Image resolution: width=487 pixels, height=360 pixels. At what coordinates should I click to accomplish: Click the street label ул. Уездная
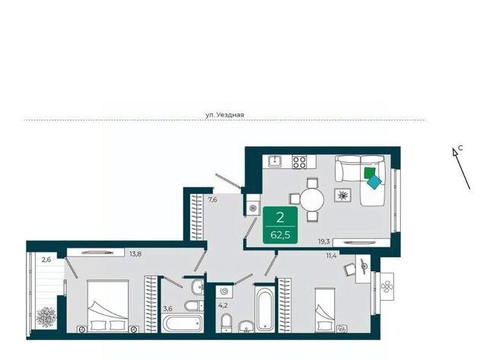[x=225, y=115]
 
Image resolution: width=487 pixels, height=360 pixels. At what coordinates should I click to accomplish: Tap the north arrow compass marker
[x=461, y=168]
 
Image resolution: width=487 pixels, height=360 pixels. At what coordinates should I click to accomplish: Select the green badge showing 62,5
[x=280, y=225]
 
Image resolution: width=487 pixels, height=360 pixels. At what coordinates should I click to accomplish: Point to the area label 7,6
[x=212, y=199]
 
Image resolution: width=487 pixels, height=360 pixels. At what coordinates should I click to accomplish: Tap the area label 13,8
[x=135, y=253]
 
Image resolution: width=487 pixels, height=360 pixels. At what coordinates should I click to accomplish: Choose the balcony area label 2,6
[x=46, y=260]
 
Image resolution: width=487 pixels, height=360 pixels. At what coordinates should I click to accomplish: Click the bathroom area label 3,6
[x=167, y=308]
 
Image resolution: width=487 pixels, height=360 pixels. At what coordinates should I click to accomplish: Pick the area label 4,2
[x=222, y=305]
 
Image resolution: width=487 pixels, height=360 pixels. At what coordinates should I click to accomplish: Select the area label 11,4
[x=332, y=256]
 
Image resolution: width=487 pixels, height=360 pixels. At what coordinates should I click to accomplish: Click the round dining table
[x=312, y=199]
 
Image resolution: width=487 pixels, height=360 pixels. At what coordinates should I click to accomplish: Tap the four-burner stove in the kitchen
[x=299, y=162]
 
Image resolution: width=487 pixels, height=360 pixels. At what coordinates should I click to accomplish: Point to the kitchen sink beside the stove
[x=275, y=161]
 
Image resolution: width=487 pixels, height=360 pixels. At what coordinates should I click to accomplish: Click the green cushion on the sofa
[x=370, y=173]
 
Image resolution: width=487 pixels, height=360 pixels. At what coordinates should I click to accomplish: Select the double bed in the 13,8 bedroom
[x=108, y=306]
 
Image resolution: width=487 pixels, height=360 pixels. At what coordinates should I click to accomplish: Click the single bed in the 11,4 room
[x=325, y=310]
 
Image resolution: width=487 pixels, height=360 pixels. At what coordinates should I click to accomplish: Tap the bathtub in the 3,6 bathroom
[x=183, y=323]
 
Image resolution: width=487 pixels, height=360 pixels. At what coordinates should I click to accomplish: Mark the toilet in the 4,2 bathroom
[x=227, y=323]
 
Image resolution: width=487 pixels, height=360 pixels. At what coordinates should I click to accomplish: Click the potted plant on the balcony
[x=46, y=317]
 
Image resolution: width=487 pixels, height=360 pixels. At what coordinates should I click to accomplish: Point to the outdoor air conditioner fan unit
[x=387, y=286]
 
